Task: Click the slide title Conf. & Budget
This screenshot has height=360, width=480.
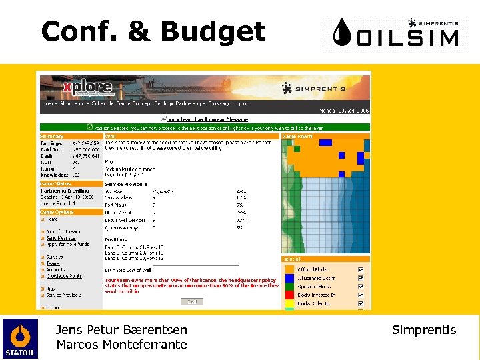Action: (x=153, y=31)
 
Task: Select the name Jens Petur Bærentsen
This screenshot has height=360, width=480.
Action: (x=121, y=330)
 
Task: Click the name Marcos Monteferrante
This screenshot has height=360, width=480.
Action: (x=121, y=345)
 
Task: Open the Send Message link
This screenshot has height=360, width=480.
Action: (x=61, y=238)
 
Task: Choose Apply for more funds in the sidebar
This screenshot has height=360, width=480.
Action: (x=67, y=245)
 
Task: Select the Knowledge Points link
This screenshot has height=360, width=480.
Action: (x=64, y=275)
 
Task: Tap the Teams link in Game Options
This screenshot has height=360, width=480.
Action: (x=53, y=263)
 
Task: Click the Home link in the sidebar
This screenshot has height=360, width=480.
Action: (x=52, y=219)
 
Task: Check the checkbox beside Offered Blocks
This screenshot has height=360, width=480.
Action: (x=361, y=269)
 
